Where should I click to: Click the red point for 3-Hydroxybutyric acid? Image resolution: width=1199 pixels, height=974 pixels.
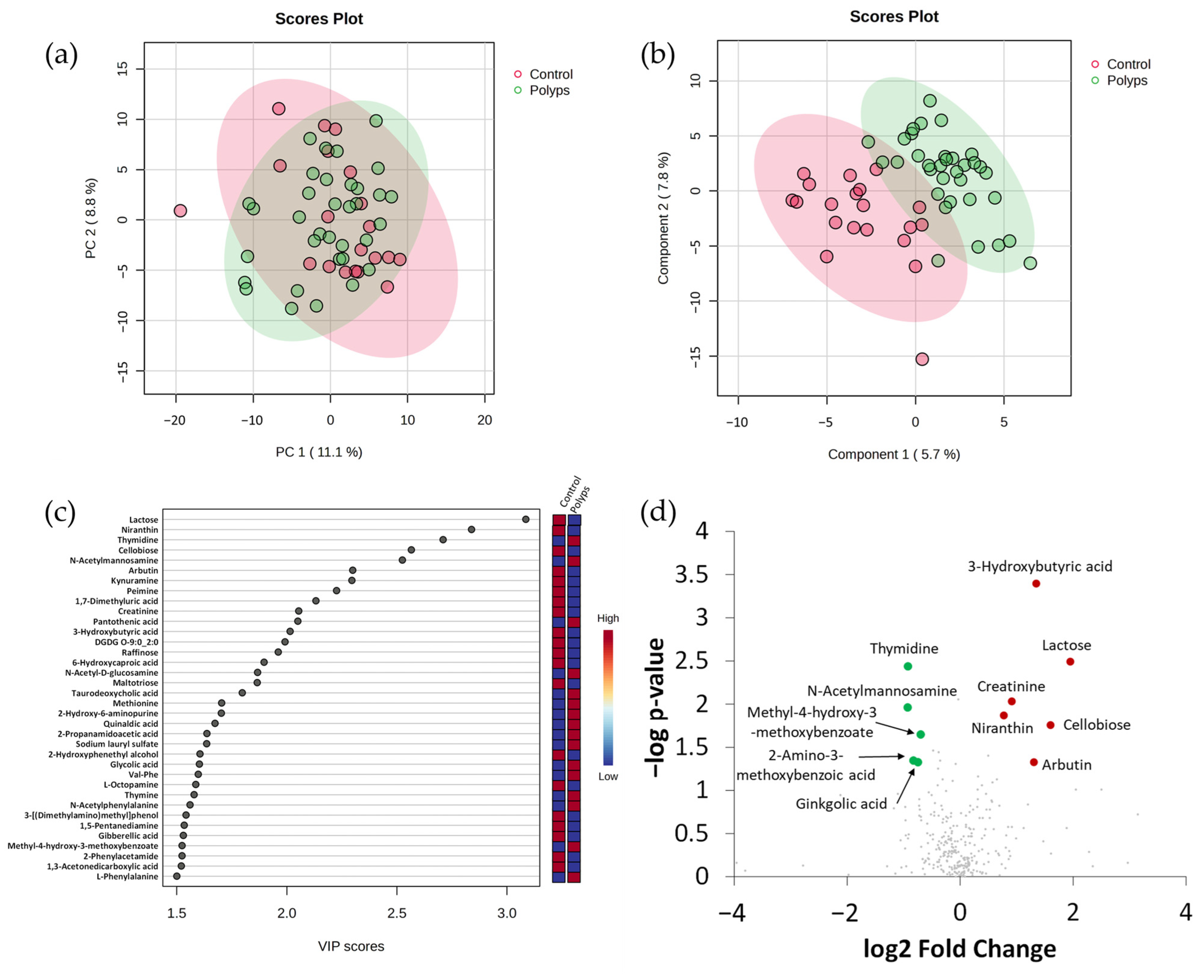(1036, 584)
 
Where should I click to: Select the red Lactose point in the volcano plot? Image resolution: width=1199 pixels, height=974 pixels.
(1070, 661)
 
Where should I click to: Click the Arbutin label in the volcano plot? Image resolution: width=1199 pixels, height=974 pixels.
(1066, 765)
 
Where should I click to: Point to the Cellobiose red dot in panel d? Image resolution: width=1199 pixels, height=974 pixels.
(1050, 725)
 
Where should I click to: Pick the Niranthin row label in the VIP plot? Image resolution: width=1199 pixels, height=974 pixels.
(140, 530)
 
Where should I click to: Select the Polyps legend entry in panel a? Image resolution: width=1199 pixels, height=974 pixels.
(549, 90)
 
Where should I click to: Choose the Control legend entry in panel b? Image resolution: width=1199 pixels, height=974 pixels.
(1128, 64)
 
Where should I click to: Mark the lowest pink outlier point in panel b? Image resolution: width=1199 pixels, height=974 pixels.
(922, 359)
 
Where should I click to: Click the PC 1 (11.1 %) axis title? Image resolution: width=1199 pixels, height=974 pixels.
(319, 452)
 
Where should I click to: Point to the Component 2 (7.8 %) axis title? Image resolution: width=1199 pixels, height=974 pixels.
(663, 218)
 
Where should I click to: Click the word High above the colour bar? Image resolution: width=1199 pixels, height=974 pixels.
(608, 618)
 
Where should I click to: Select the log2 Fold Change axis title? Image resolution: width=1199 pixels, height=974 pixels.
(959, 948)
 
